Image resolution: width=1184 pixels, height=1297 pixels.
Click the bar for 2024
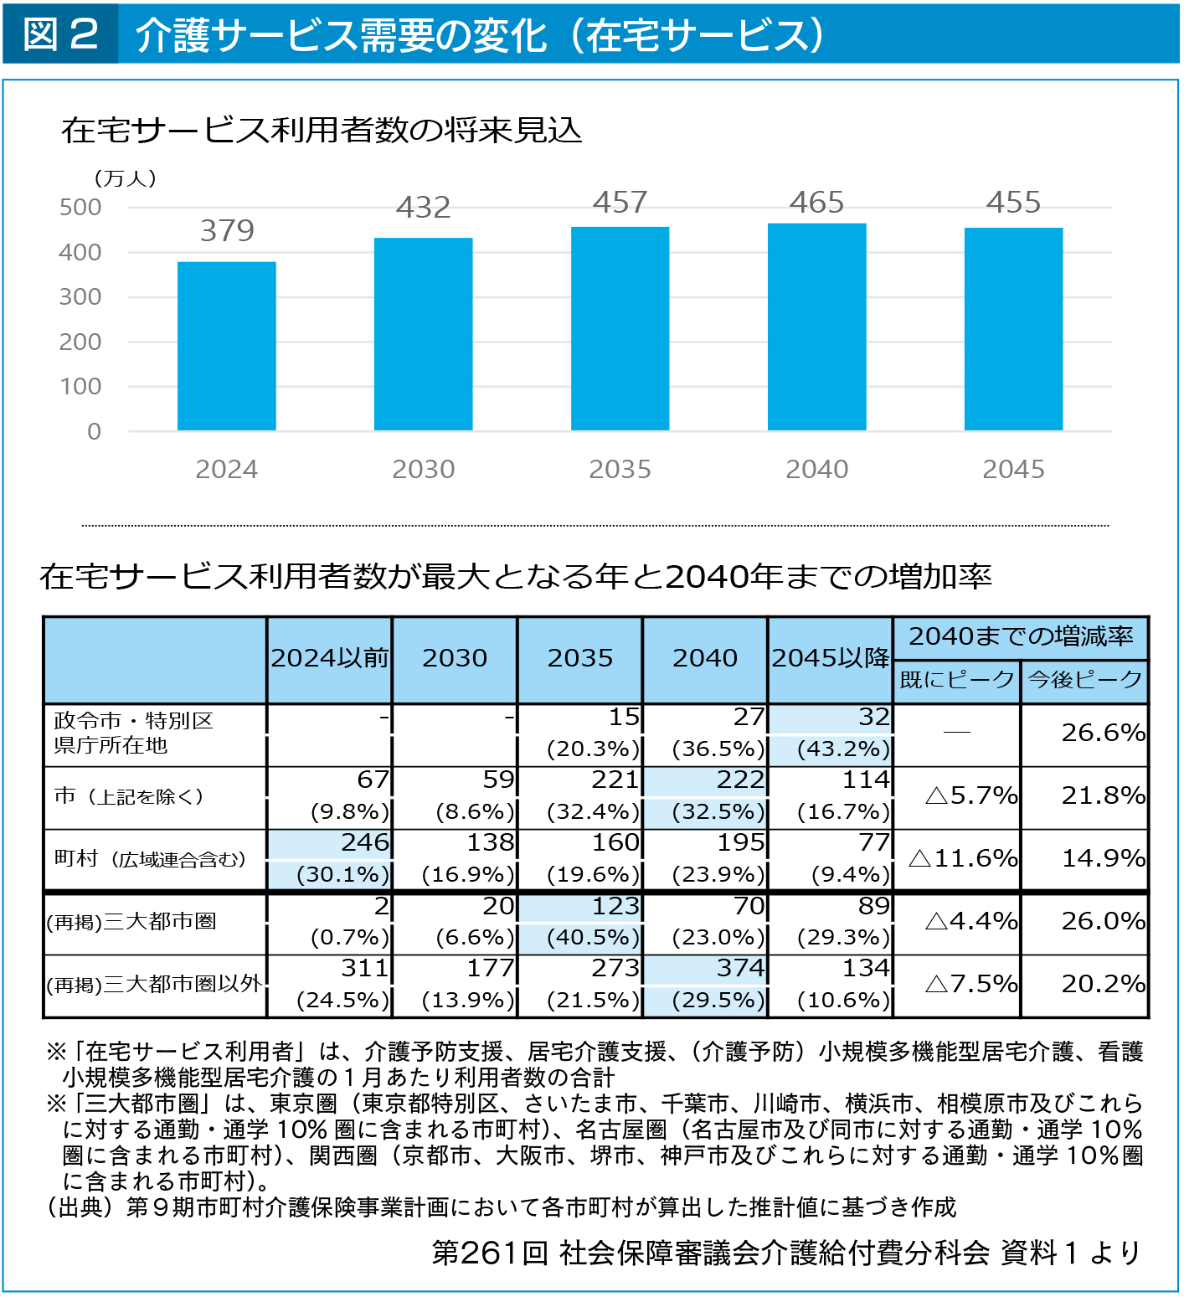coord(226,346)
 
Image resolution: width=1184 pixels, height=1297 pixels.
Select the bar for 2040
coord(816,327)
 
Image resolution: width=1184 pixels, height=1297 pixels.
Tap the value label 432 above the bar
coord(423,207)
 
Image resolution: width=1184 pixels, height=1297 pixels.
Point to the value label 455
coord(1013,202)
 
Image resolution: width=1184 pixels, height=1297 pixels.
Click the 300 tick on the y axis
coord(80,296)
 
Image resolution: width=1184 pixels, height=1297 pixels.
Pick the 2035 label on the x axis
coord(620,469)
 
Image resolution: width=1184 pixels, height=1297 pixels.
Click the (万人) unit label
coord(125,178)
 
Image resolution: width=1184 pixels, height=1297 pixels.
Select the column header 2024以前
coord(330,658)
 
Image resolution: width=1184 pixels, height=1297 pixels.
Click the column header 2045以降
coord(831,658)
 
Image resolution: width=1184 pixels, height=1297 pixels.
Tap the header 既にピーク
coord(957,679)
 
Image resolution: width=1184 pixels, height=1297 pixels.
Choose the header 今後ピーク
coord(1084,679)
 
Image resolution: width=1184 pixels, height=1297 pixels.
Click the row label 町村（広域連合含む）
coord(150,859)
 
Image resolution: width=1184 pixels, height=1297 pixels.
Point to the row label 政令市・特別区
coord(134,720)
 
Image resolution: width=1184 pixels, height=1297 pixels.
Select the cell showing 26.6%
coord(1103,733)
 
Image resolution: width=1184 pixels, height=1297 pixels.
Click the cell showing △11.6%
coord(963,858)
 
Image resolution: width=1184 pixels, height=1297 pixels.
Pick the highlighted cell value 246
coord(365,842)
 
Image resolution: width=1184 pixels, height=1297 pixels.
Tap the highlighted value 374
coord(740,968)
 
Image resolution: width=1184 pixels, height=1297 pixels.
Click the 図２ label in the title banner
coord(60,34)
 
